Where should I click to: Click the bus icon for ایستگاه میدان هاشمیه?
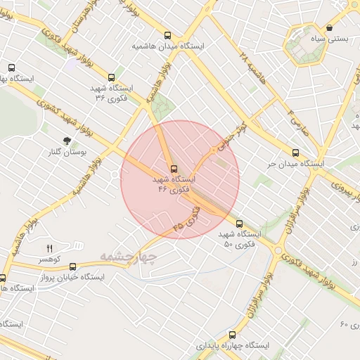[x=167, y=35]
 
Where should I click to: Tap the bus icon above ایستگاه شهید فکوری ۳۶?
[x=111, y=78]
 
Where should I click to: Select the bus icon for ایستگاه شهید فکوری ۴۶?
[x=173, y=169]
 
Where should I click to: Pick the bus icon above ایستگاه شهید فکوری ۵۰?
[x=240, y=224]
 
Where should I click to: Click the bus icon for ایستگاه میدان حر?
[x=295, y=153]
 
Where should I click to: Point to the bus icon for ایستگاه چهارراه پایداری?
[x=232, y=335]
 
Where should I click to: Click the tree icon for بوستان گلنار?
[x=67, y=141]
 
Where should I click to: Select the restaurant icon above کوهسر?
[x=49, y=248]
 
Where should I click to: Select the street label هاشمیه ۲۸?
[x=252, y=69]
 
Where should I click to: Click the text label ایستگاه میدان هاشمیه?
[x=167, y=46]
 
